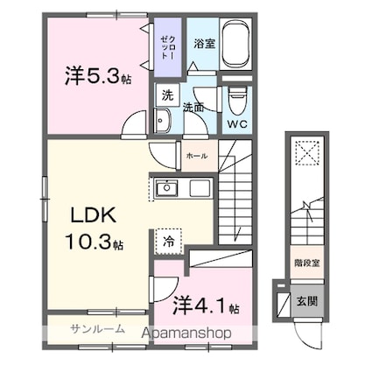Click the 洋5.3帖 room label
point(97,77)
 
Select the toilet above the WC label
point(236,99)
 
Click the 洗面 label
point(193,108)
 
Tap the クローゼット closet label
point(165,43)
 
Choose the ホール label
point(196,156)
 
